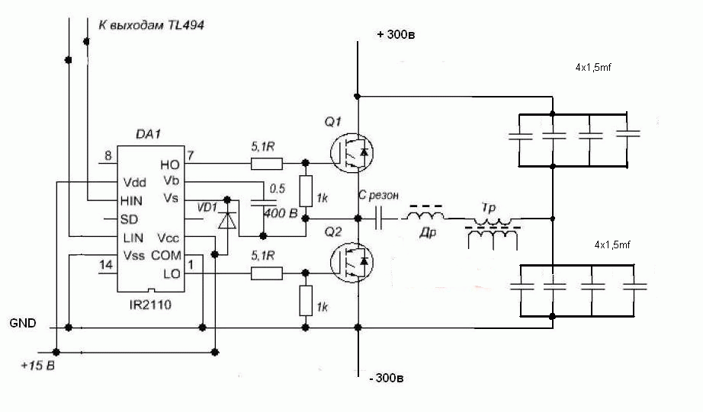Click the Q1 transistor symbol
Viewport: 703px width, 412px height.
pos(352,152)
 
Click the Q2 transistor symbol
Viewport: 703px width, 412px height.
pos(352,262)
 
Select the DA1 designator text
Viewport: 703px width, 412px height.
pos(148,134)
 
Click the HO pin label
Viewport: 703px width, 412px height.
pos(169,164)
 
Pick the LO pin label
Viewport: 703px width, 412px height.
pos(172,273)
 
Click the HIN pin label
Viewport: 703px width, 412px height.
pos(131,200)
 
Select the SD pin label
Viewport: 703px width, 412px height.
pos(129,219)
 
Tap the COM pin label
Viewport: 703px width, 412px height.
pos(166,255)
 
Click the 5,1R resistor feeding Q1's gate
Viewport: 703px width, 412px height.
pos(267,164)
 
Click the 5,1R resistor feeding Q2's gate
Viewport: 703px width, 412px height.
pos(267,273)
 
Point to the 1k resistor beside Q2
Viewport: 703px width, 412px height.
pos(306,301)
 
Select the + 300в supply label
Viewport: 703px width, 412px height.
pos(396,34)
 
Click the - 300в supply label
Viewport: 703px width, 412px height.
pos(387,378)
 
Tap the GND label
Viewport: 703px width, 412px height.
pos(23,323)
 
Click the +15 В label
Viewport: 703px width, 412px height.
pos(37,366)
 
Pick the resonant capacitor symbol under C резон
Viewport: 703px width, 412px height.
pos(379,219)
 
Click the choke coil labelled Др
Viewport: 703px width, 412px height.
pos(425,214)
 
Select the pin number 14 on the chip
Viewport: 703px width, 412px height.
pos(106,265)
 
